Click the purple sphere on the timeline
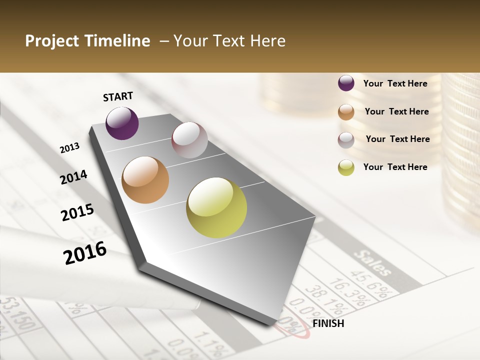122,123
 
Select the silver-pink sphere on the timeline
189,140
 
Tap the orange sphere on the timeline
145,180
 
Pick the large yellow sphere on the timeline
216,207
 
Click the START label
118,96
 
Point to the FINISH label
328,323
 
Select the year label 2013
69,148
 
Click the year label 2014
73,177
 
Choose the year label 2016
85,253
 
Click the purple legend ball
346,83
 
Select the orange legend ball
346,111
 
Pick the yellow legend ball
346,167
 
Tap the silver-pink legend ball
346,140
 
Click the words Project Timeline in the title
87,41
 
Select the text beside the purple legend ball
395,83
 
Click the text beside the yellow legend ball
395,167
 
